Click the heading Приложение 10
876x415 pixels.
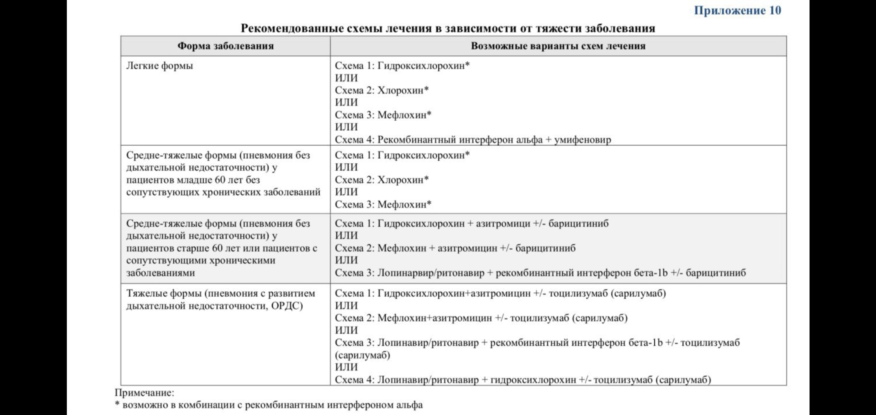(737, 10)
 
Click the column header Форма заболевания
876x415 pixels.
(226, 46)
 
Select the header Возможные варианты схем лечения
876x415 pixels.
(558, 46)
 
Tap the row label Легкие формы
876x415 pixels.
(159, 66)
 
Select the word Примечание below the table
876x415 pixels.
(144, 393)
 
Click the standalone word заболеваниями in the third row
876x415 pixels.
(161, 273)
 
